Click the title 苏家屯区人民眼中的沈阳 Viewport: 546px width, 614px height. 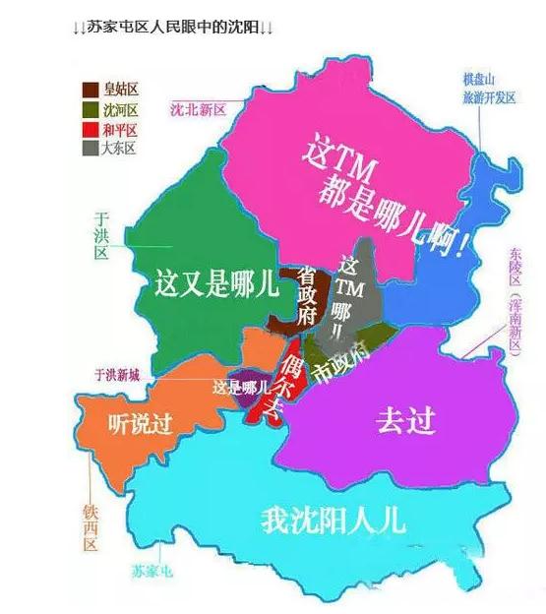tap(173, 28)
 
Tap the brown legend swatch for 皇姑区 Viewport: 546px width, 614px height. tap(90, 90)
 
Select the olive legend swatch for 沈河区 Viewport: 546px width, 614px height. tap(90, 109)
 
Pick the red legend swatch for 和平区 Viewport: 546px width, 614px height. tap(90, 129)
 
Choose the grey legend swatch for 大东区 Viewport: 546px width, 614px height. tap(90, 149)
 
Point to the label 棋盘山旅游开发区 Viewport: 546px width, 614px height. tap(489, 89)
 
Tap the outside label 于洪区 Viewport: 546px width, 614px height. tap(99, 234)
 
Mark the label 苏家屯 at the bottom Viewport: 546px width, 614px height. tap(151, 571)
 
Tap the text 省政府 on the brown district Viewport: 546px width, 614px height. tap(306, 294)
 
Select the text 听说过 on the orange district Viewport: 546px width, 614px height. tap(139, 425)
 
